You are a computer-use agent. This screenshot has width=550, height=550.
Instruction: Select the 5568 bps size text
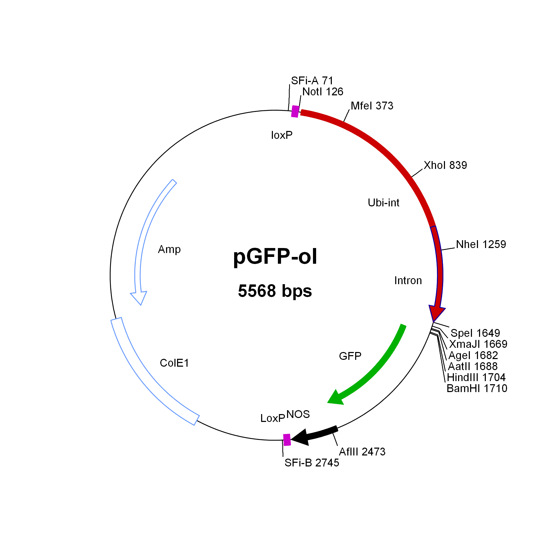[275, 291]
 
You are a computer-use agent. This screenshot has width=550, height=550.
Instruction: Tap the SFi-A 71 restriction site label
[312, 81]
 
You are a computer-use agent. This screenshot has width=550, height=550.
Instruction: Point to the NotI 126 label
[323, 92]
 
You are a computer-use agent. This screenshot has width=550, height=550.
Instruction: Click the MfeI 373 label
[372, 106]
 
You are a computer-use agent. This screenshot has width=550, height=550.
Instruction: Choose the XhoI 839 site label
[445, 165]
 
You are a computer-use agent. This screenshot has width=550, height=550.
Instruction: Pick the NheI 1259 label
[481, 244]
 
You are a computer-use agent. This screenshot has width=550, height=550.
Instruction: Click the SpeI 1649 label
[475, 333]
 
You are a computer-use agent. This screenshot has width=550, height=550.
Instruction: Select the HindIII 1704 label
[476, 377]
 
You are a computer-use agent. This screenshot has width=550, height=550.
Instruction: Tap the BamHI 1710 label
[477, 388]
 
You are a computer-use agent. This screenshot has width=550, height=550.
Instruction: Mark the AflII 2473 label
[362, 452]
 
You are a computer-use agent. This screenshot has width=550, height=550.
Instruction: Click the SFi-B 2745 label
[312, 463]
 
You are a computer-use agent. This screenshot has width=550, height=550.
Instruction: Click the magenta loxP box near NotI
[295, 111]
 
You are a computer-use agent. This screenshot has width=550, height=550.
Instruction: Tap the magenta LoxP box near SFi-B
[287, 440]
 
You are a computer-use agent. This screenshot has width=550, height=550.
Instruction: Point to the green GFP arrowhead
[336, 397]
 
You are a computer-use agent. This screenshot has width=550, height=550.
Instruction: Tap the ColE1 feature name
[174, 363]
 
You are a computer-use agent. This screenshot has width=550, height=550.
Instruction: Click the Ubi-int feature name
[383, 203]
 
